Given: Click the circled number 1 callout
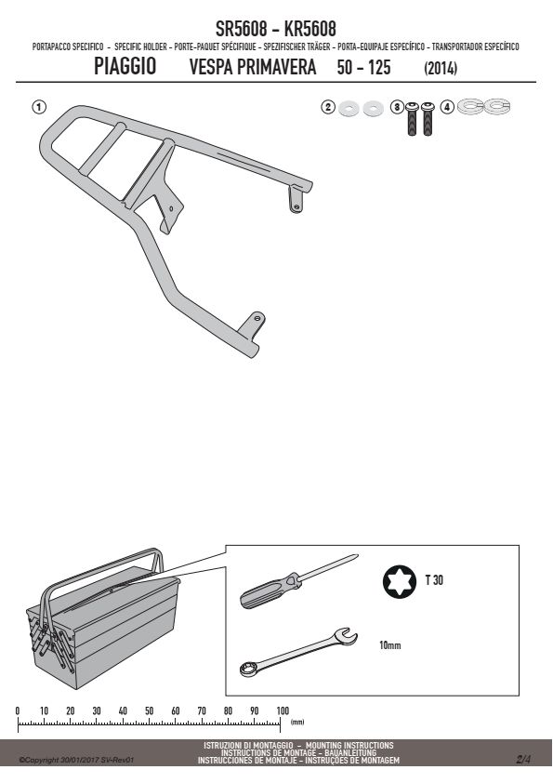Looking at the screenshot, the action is point(39,107).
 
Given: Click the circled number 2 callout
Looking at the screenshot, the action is point(328,107).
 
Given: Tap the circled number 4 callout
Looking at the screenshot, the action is point(447,107).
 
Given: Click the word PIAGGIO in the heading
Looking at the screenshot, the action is point(125,66).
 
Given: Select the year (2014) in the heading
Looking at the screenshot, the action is point(441,68).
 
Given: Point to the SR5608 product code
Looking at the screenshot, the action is point(241,29).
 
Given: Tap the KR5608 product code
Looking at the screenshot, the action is point(309,29).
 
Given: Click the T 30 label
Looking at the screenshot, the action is point(434,579).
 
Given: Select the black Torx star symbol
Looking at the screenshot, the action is point(400,581).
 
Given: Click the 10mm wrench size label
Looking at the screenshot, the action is point(389,645).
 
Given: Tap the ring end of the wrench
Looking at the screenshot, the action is point(248,669).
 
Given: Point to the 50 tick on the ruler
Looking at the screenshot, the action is point(150,721).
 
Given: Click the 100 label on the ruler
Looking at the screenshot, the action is point(283,710).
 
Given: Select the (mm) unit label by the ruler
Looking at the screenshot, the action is point(297,722).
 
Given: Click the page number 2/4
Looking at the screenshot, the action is point(523,760).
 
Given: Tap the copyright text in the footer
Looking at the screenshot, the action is point(76,760).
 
